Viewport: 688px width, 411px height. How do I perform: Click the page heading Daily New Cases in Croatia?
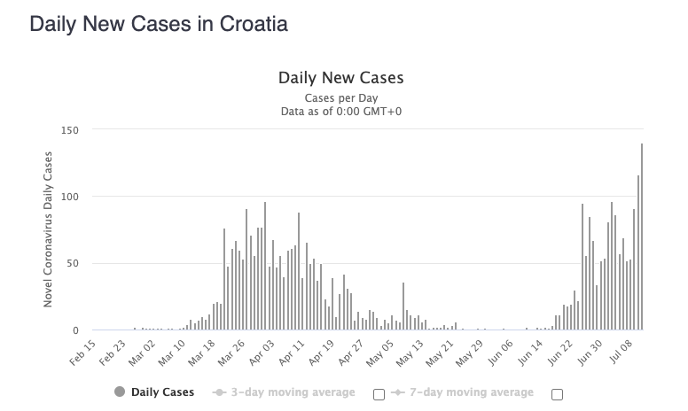[159, 24]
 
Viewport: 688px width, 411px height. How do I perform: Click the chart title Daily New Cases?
[340, 78]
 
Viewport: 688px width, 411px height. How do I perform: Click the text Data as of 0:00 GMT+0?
[340, 111]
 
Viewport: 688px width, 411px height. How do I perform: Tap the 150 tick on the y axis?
[70, 130]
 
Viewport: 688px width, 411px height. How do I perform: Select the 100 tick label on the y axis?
[70, 197]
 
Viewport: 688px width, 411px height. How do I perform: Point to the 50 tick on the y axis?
[74, 264]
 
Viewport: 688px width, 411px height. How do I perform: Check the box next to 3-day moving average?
[379, 394]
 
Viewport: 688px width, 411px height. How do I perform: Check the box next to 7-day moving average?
[557, 394]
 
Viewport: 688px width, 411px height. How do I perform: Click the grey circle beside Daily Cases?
[120, 392]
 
